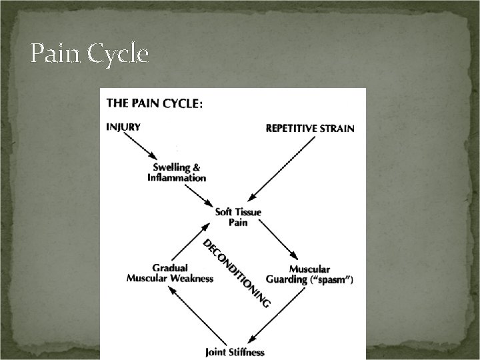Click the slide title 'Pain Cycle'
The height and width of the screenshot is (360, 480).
(89, 54)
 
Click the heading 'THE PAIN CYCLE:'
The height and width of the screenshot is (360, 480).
(155, 103)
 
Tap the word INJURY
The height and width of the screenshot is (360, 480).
(123, 127)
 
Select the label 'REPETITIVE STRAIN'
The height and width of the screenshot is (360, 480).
(310, 128)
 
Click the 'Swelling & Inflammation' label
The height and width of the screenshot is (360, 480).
(177, 173)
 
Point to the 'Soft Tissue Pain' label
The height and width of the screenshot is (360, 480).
(238, 217)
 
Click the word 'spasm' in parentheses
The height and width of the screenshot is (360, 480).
(331, 280)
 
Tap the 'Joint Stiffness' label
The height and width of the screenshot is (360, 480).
(235, 351)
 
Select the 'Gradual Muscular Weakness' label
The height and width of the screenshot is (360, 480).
(170, 273)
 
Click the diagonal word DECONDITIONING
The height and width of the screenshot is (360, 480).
(237, 273)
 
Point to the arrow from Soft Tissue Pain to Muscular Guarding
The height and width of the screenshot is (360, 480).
(277, 240)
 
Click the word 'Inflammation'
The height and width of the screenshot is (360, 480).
(177, 178)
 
